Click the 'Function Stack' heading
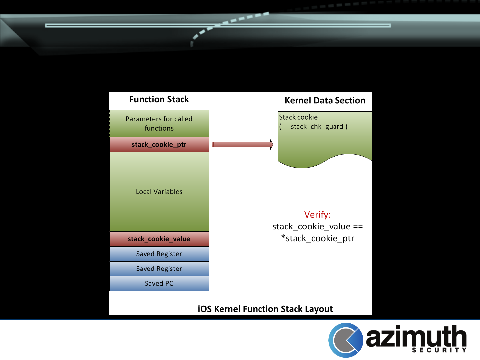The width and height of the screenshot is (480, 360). (x=159, y=99)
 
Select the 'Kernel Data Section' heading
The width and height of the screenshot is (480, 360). (x=325, y=100)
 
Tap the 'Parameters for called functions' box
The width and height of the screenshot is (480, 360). (x=159, y=123)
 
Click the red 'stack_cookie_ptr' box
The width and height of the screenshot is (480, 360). (x=159, y=145)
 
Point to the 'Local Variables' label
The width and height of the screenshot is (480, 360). (x=159, y=192)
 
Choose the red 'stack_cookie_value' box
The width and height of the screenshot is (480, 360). (x=159, y=239)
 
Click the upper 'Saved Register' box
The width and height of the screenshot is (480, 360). (x=159, y=254)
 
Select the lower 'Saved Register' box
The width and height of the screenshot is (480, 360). (x=159, y=269)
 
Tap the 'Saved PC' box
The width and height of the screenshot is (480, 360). (x=159, y=283)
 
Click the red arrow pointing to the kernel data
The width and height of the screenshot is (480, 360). (x=243, y=144)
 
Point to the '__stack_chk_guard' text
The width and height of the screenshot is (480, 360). (x=313, y=127)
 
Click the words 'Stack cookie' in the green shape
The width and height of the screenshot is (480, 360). (x=298, y=117)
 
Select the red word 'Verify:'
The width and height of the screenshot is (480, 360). (x=317, y=215)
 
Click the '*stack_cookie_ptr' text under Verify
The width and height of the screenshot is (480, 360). (x=317, y=238)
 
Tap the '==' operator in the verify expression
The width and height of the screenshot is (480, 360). (x=358, y=227)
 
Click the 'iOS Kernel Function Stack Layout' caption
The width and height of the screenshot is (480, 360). (x=265, y=309)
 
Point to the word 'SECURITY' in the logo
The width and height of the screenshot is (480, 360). (x=439, y=350)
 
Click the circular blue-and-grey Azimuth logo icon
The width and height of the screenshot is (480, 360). (x=346, y=340)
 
